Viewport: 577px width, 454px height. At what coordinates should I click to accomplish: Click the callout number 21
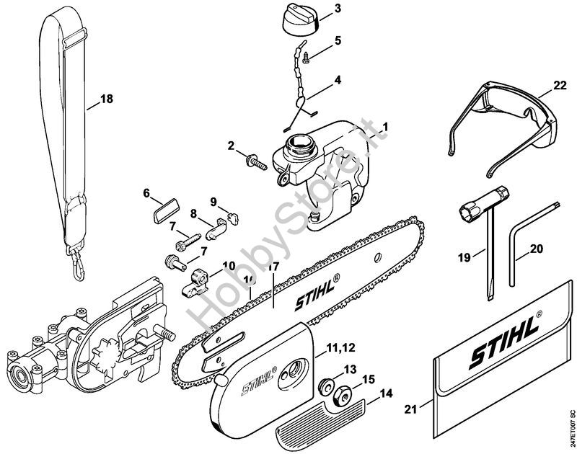411,410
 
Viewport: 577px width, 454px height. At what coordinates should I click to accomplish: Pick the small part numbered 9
231,213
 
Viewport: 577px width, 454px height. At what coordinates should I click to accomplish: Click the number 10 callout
229,265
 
